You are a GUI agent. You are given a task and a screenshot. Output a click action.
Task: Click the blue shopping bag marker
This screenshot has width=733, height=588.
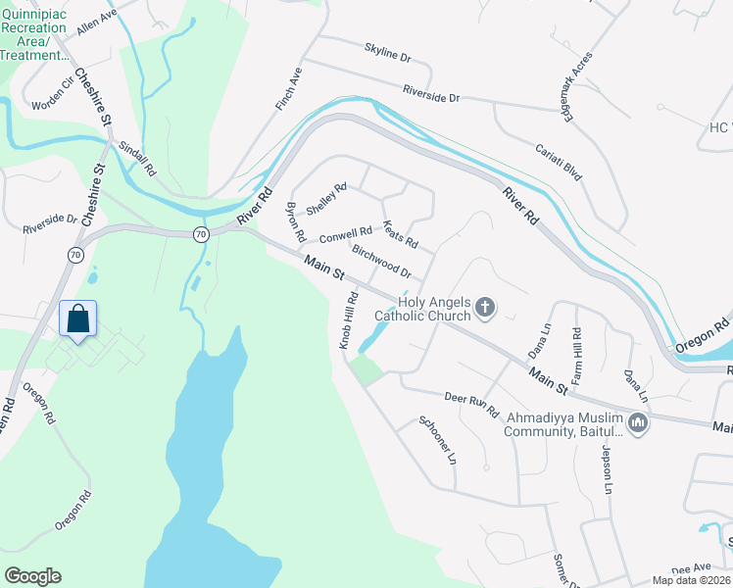coord(78,318)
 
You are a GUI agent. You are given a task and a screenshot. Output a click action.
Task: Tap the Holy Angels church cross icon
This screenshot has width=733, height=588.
coord(484,310)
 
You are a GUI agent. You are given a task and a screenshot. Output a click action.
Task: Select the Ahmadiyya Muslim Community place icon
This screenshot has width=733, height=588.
coord(638,423)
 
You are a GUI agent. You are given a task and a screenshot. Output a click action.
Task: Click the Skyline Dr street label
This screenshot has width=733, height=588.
coord(386,52)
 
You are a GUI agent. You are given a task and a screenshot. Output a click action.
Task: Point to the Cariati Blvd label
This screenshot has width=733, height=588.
coord(559,162)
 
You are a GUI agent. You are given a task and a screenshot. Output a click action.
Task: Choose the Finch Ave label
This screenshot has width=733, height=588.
coord(291,88)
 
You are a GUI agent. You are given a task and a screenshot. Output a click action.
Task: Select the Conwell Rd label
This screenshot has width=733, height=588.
coord(345,235)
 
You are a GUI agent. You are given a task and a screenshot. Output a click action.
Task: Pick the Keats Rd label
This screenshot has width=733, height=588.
coord(400,234)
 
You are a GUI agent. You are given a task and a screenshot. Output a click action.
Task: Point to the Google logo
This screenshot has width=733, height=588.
coord(32,575)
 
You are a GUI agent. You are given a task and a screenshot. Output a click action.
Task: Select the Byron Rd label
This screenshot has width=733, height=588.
coord(295,223)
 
